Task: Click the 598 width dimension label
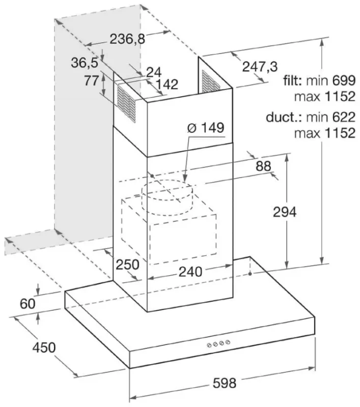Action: click(x=225, y=383)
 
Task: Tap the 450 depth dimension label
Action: click(x=44, y=347)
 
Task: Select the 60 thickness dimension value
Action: click(x=27, y=304)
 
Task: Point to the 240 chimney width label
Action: click(x=190, y=272)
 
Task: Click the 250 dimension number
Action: click(x=127, y=265)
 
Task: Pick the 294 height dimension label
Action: click(x=285, y=212)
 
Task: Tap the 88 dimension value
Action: click(x=263, y=166)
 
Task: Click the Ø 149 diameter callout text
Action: click(x=206, y=128)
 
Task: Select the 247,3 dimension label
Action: click(x=260, y=67)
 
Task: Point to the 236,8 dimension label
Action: click(x=127, y=39)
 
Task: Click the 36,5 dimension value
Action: click(x=85, y=63)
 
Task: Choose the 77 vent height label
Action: click(x=92, y=80)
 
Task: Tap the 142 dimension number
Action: click(x=167, y=84)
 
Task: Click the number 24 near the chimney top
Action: click(x=154, y=72)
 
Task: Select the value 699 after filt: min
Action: click(x=344, y=80)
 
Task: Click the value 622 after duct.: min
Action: click(x=344, y=117)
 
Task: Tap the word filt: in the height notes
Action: click(x=292, y=80)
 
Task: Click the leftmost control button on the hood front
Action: click(x=209, y=345)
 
